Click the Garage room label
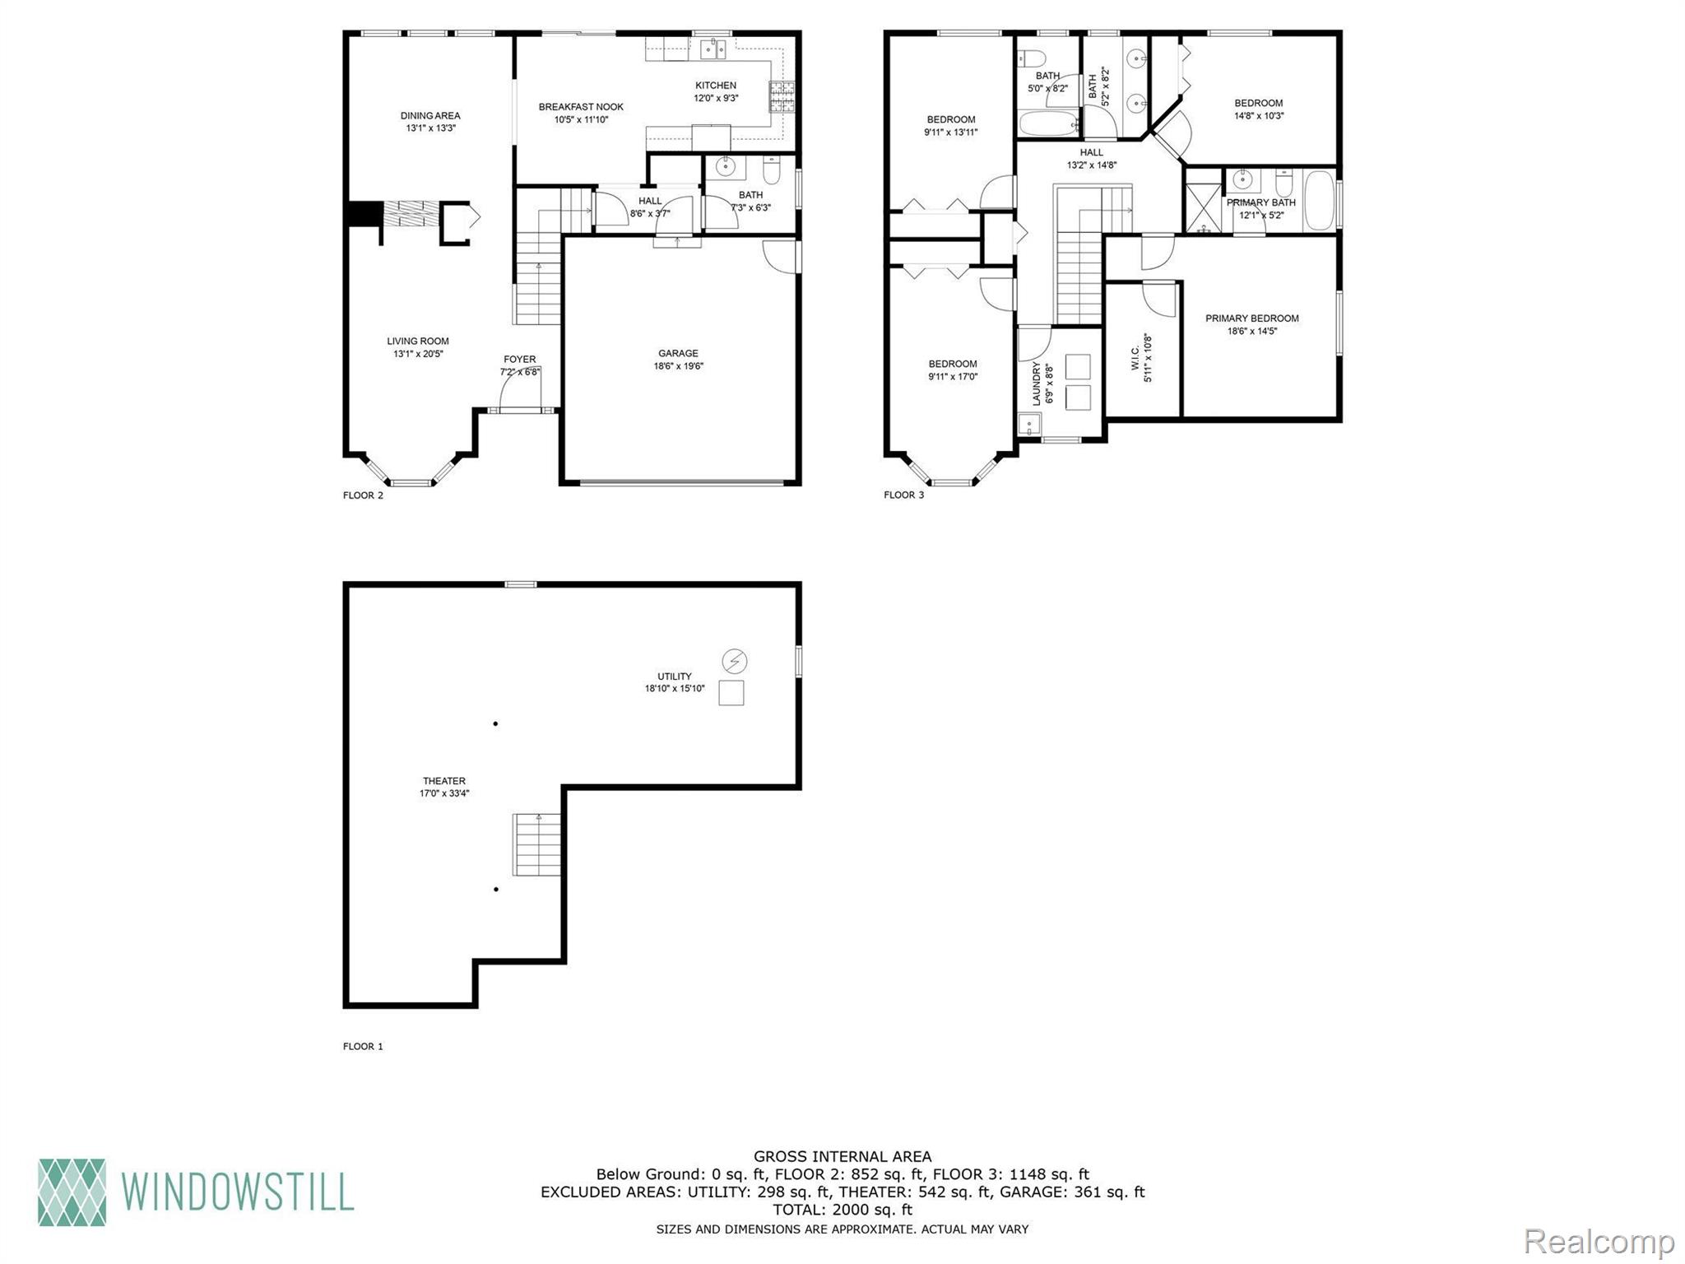(x=678, y=353)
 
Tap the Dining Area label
(x=430, y=116)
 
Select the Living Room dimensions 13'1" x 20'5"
(x=418, y=354)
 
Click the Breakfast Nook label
(x=581, y=107)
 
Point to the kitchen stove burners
(x=782, y=96)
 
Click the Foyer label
(x=519, y=360)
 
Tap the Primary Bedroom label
(x=1251, y=318)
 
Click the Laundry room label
(x=1037, y=385)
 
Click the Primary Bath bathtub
(x=1319, y=201)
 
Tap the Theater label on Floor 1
(x=444, y=781)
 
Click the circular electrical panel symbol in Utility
(x=734, y=661)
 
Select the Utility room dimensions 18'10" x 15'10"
(x=675, y=689)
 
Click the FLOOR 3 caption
(x=903, y=495)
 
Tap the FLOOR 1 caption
(x=363, y=1047)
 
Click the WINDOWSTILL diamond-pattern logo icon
(x=72, y=1192)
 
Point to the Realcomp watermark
(x=1599, y=1241)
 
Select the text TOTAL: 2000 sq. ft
(x=842, y=1210)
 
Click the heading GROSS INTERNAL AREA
(x=842, y=1156)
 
